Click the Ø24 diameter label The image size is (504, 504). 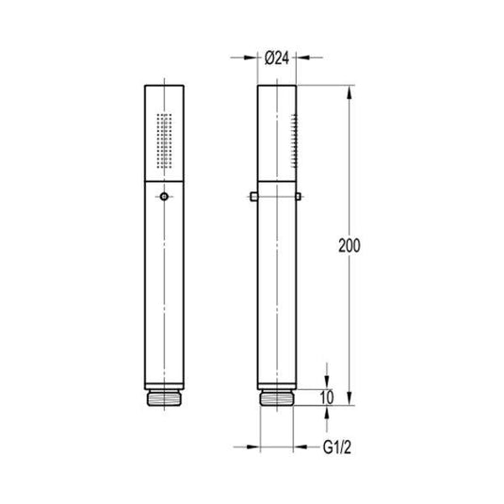[x=277, y=58]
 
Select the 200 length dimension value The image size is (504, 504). [x=350, y=246]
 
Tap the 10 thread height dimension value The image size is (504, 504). [x=327, y=398]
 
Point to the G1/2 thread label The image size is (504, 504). [x=337, y=447]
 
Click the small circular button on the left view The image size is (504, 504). [x=164, y=196]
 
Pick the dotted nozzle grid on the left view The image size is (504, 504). [x=164, y=140]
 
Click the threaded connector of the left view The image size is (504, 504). [x=164, y=398]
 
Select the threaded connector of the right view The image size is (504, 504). [x=277, y=398]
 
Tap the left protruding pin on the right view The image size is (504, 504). [x=253, y=196]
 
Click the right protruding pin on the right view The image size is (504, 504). [x=299, y=196]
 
